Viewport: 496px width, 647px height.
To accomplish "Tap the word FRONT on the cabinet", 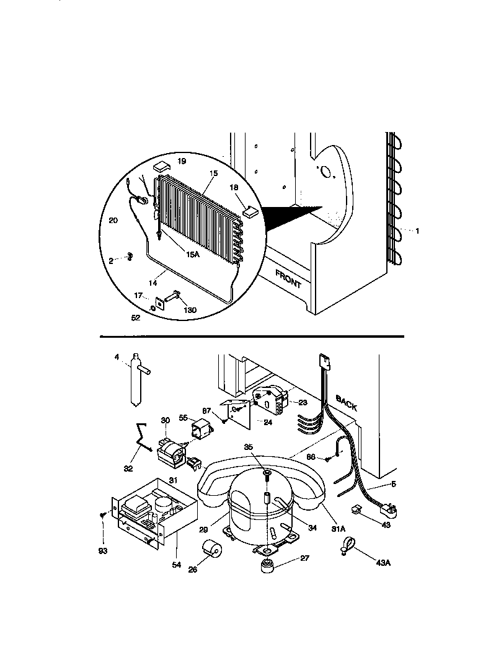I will [289, 279].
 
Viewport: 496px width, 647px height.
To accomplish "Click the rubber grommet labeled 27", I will [267, 567].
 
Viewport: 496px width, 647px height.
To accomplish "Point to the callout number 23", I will [303, 402].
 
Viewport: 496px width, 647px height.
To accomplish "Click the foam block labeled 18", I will [250, 210].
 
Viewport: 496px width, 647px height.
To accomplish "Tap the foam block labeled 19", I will [161, 165].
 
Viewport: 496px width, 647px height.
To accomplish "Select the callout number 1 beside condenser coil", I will [417, 231].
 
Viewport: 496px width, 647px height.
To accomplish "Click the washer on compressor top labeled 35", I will [266, 475].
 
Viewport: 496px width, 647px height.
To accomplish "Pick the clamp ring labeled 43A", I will [345, 546].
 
